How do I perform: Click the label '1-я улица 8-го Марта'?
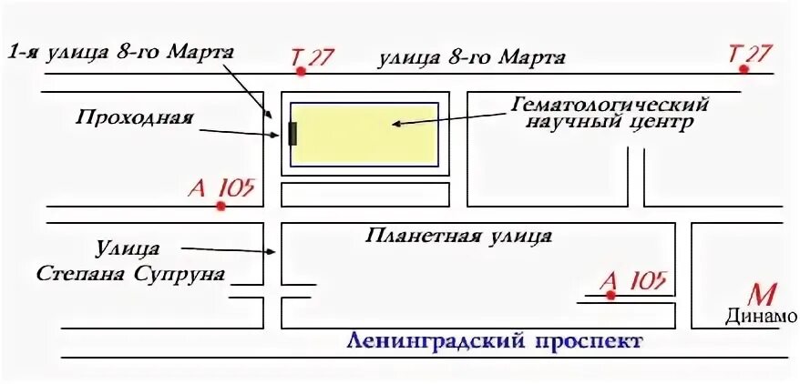point(120,53)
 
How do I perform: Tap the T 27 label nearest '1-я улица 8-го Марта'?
point(312,56)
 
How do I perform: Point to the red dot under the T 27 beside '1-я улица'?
point(301,71)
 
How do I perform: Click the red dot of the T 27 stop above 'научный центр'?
point(744,69)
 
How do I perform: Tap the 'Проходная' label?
point(135,117)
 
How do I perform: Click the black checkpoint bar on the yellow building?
point(292,134)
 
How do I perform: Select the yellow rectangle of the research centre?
point(364,134)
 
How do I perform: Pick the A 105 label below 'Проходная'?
point(221,189)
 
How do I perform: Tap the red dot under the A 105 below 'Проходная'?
point(221,207)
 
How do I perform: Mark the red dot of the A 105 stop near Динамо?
point(610,295)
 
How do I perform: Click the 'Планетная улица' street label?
point(458,237)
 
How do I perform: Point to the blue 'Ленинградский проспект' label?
point(495,343)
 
